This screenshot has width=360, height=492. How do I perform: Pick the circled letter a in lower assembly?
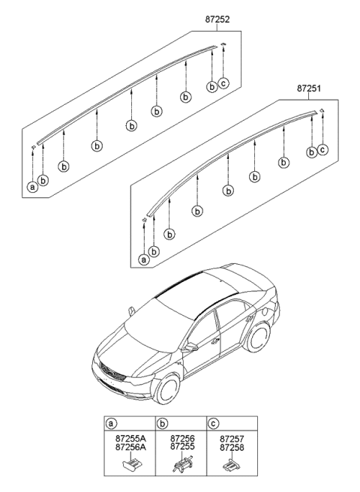coord(142,259)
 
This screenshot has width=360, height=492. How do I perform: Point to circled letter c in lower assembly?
coord(322,150)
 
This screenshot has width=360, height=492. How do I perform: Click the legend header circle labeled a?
coord(112,424)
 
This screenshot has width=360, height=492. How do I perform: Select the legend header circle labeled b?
coord(161,424)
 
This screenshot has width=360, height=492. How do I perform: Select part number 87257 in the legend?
coord(231,439)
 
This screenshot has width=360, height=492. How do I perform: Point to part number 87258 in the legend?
coord(231,448)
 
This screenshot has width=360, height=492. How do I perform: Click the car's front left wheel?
coord(166,388)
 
